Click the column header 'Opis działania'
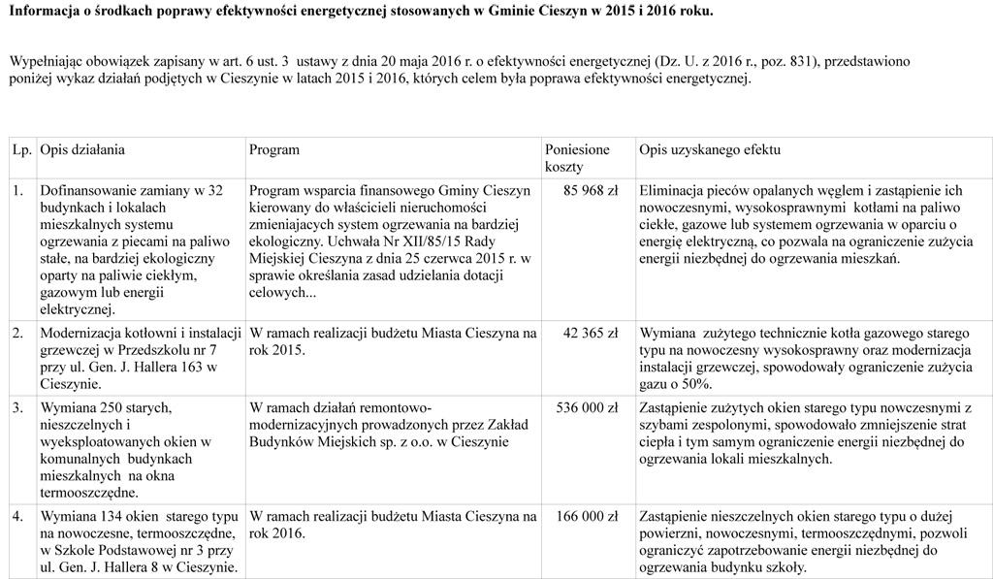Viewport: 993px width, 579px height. [82, 150]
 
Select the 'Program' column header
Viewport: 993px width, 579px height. [274, 150]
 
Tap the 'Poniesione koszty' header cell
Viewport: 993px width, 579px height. [578, 158]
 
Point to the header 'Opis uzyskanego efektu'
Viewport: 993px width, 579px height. [710, 150]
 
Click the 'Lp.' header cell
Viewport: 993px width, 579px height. [21, 150]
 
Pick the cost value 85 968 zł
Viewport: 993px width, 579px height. [590, 190]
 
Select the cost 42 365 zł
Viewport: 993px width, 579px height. [590, 334]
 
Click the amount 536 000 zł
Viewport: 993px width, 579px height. [586, 406]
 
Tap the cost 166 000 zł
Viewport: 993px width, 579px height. [586, 517]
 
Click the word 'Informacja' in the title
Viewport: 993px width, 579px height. [44, 12]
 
